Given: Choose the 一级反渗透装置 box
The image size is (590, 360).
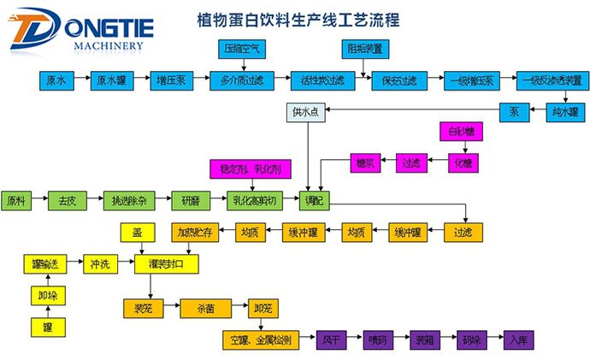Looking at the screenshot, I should pos(551,80).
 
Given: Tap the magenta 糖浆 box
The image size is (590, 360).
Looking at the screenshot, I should pos(363,160).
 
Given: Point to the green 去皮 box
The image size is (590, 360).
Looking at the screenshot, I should pos(66,201).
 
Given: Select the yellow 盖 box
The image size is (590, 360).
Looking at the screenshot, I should pos(137,232).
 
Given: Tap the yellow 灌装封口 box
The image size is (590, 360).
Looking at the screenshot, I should pos(167,264).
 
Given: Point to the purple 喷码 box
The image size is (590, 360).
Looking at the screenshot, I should pos(379,339).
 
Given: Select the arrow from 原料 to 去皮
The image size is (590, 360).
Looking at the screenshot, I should pos(38,201).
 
